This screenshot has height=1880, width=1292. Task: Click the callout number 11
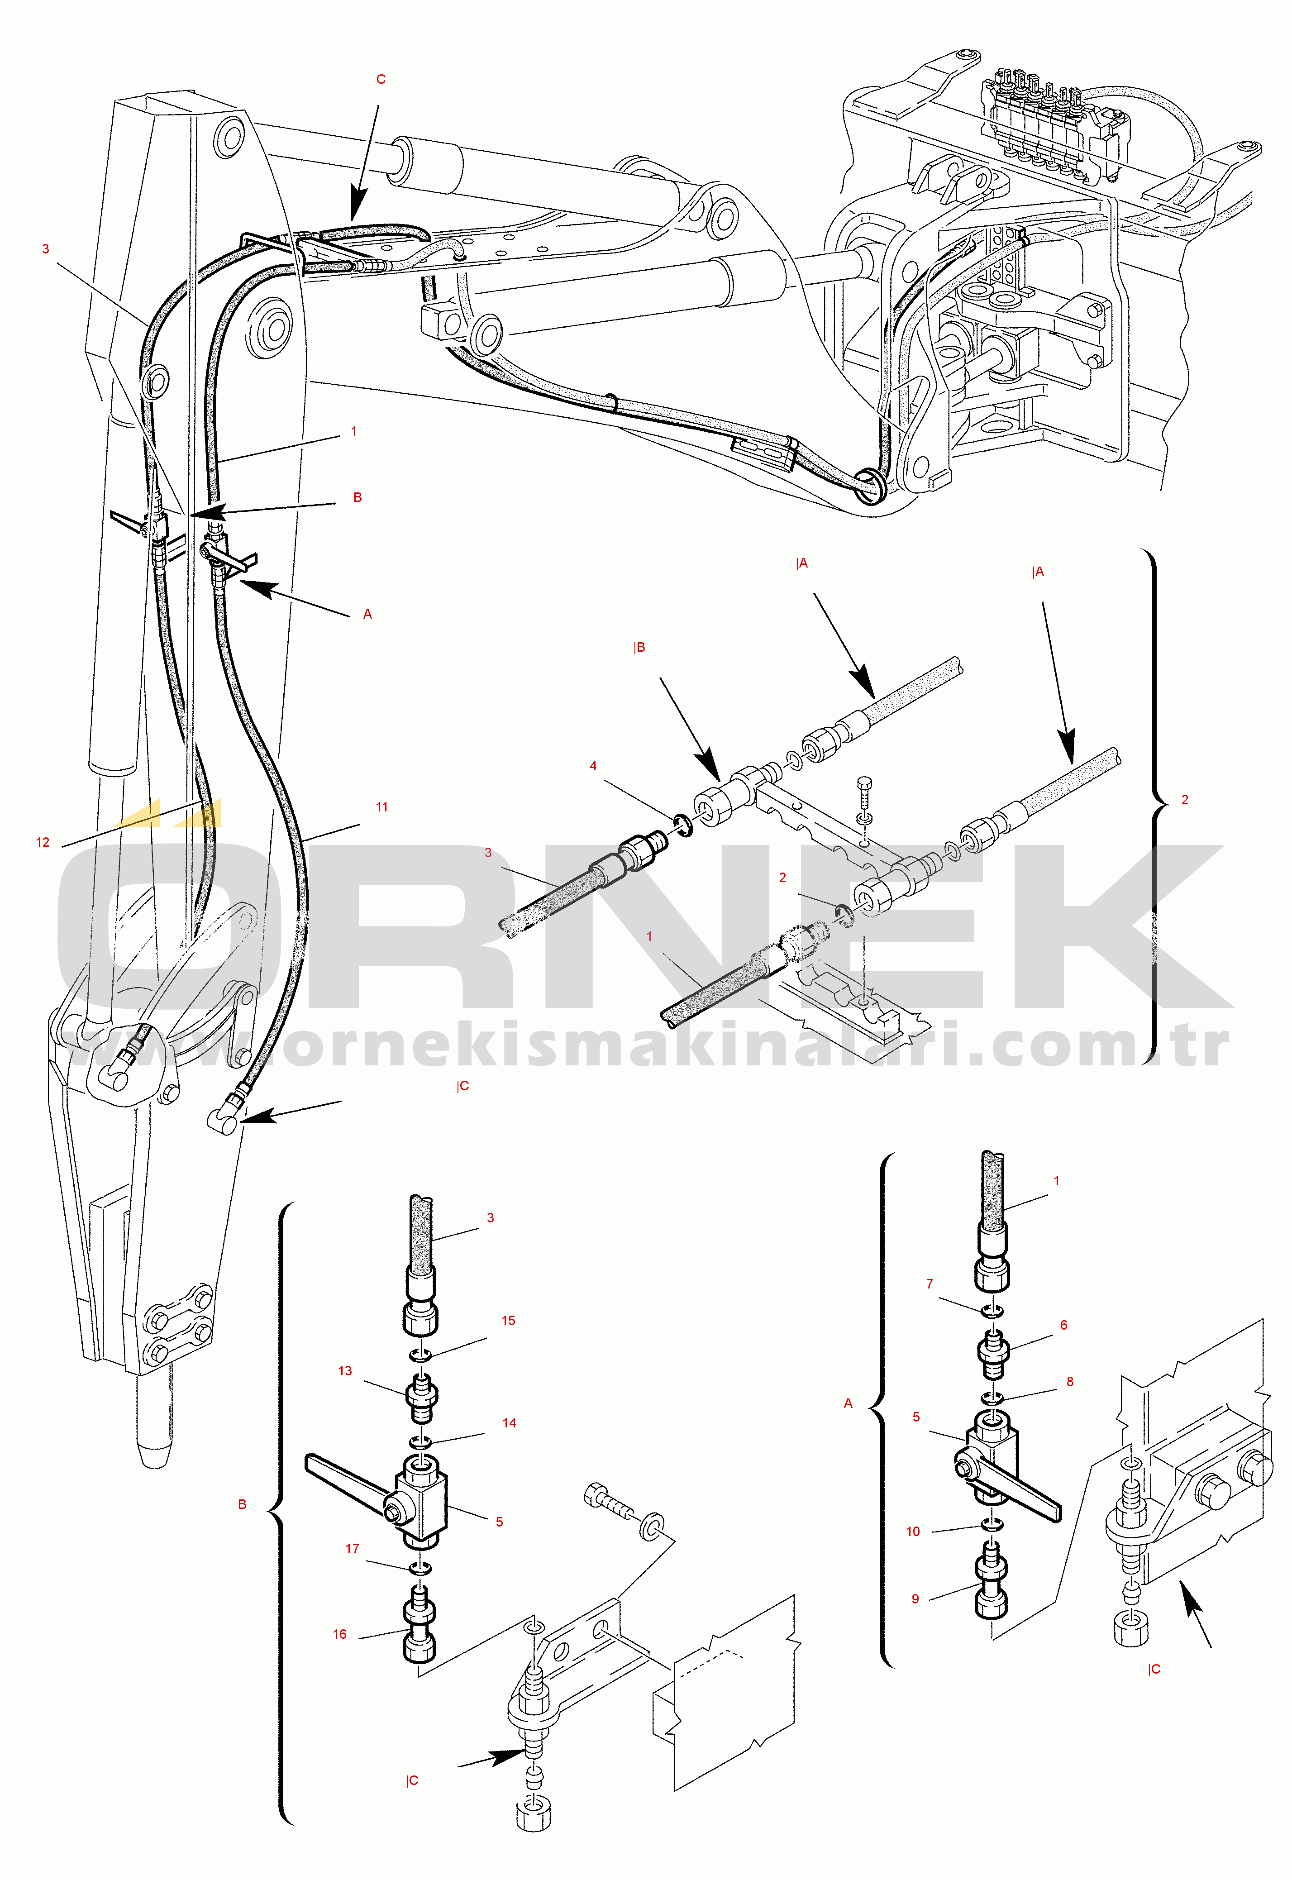381,807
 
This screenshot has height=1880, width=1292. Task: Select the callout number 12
43,843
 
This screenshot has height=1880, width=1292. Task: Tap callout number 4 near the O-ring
593,766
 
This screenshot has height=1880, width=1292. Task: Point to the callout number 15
508,1321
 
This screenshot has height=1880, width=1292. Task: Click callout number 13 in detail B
345,1371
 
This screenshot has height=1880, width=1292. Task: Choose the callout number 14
509,1422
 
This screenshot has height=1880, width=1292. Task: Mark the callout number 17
352,1549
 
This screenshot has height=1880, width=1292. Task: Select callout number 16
340,1634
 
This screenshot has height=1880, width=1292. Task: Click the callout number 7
930,1284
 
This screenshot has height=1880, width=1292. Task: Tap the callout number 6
1064,1326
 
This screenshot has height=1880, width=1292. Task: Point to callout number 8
1070,1382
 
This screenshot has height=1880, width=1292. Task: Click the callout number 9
915,1599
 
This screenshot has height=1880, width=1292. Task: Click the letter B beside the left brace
242,1504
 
